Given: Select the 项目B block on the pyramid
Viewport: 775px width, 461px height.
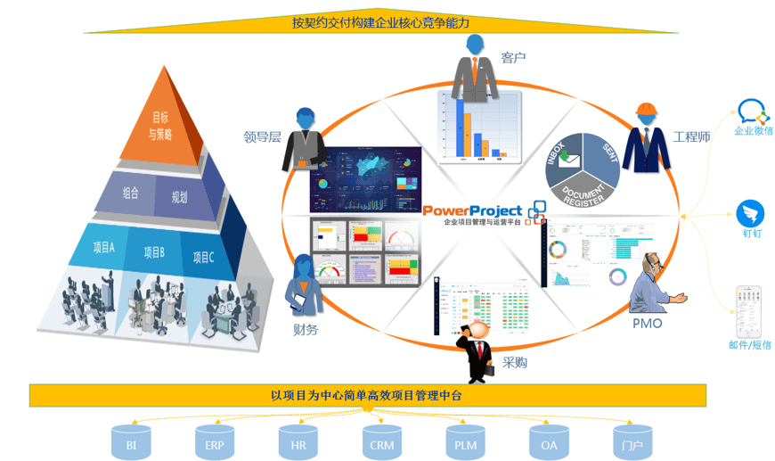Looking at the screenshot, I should click(153, 252).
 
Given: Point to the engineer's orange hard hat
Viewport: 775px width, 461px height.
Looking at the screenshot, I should click(646, 111).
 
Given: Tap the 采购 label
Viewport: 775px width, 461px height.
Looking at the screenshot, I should click(515, 362).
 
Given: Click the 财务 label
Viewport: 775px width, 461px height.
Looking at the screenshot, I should click(306, 329).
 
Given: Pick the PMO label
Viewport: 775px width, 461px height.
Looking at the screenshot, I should click(647, 323).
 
